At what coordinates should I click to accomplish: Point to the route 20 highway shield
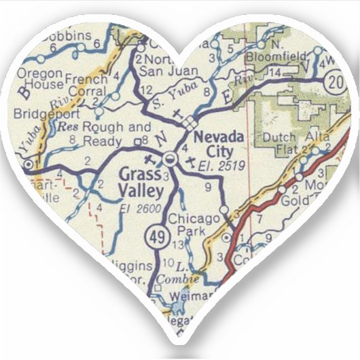tap(351, 82)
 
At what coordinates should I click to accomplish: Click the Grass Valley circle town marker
tap(170, 159)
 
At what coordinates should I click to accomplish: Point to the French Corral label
tap(86, 84)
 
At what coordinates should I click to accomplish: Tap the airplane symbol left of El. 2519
tap(189, 162)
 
